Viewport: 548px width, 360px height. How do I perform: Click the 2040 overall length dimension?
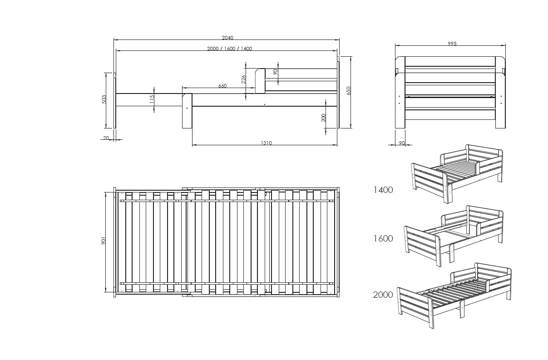tap(227, 38)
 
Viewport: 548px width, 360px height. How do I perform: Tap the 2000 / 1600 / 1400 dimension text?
tap(229, 49)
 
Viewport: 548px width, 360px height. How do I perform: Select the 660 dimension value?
tap(222, 86)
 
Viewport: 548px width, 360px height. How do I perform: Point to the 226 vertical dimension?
tap(243, 79)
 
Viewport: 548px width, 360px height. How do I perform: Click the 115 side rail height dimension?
tap(152, 99)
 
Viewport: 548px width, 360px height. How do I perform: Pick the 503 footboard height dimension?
tap(104, 99)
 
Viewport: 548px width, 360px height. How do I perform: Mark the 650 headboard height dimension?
tap(349, 90)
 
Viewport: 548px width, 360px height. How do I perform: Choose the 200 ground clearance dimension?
tap(323, 118)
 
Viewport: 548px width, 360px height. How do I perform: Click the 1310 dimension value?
tap(266, 143)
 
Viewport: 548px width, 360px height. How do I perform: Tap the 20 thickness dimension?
tap(106, 138)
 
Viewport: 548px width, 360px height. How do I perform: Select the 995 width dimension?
tap(452, 44)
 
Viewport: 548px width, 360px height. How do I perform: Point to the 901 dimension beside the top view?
tap(103, 241)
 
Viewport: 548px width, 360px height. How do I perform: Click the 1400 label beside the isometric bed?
tap(383, 190)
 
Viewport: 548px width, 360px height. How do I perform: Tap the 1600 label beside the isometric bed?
tap(383, 238)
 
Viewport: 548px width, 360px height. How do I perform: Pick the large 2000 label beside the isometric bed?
tap(383, 295)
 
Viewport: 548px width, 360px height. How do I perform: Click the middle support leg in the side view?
tap(187, 111)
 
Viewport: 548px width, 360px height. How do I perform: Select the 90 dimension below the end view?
tap(402, 143)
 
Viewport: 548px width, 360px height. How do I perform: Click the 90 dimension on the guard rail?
tap(276, 72)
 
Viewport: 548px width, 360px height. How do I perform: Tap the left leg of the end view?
tap(400, 92)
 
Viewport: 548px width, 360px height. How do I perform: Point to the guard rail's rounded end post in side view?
tap(260, 81)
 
